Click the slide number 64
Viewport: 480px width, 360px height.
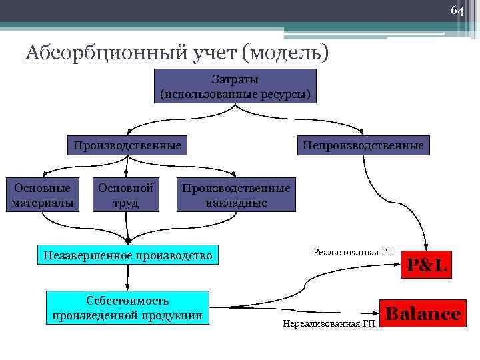pyautogui.click(x=457, y=11)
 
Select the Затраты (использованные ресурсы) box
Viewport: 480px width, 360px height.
pyautogui.click(x=235, y=86)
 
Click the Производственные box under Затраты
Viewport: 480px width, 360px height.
pyautogui.click(x=127, y=145)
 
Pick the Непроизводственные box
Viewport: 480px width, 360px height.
pyautogui.click(x=363, y=145)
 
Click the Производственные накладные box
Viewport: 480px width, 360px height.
pyautogui.click(x=236, y=195)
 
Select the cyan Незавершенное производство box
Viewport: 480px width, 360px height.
pyautogui.click(x=127, y=255)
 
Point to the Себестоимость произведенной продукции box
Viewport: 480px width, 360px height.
pyautogui.click(x=127, y=308)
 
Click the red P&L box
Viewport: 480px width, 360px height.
pyautogui.click(x=427, y=265)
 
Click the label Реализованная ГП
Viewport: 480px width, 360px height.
pyautogui.click(x=354, y=252)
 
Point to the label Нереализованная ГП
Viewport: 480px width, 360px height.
pyautogui.click(x=329, y=323)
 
